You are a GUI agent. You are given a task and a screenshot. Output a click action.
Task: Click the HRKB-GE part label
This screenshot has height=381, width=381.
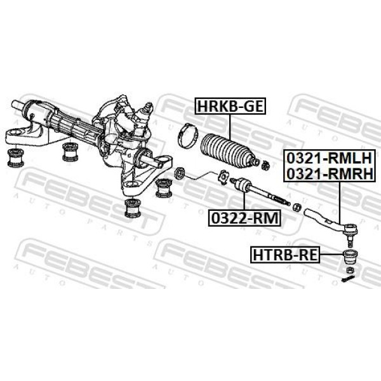[230, 106]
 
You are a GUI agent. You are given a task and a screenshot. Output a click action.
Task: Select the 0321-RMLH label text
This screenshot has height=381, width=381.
[330, 158]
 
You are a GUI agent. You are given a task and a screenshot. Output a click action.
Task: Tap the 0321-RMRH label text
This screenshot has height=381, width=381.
[330, 173]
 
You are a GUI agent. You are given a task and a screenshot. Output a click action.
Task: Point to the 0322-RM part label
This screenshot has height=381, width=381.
[244, 218]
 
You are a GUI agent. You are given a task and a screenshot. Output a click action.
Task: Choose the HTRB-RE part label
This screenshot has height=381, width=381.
[285, 255]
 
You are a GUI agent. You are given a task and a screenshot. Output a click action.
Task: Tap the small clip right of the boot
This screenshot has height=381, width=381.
[266, 165]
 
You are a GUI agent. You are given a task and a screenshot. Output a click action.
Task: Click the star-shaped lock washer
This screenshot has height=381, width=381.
[223, 177]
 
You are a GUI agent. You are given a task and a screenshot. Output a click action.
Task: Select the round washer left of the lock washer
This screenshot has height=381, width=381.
[180, 173]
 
